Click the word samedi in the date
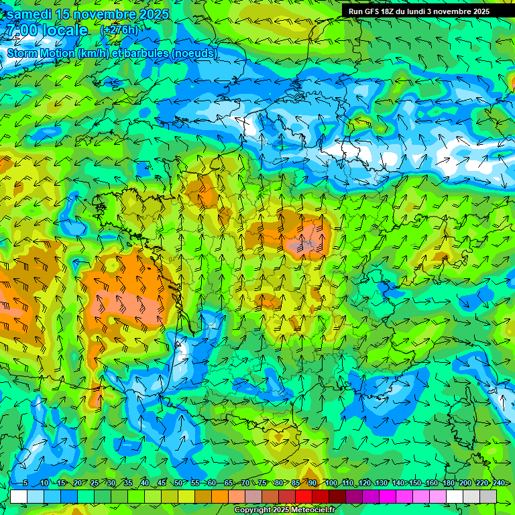pyautogui.click(x=31, y=14)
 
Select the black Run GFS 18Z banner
pyautogui.click(x=428, y=11)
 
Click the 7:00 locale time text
pyautogui.click(x=47, y=30)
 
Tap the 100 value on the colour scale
pyautogui.click(x=331, y=483)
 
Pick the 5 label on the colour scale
pyautogui.click(x=25, y=483)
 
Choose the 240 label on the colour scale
pyautogui.click(x=498, y=483)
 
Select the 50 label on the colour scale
pyautogui.click(x=178, y=483)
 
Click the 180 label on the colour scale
pyautogui.click(x=448, y=483)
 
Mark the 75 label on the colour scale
pyautogui.click(x=263, y=483)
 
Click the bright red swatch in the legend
pyautogui.click(x=304, y=496)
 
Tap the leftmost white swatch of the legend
pyautogui.click(x=19, y=496)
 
